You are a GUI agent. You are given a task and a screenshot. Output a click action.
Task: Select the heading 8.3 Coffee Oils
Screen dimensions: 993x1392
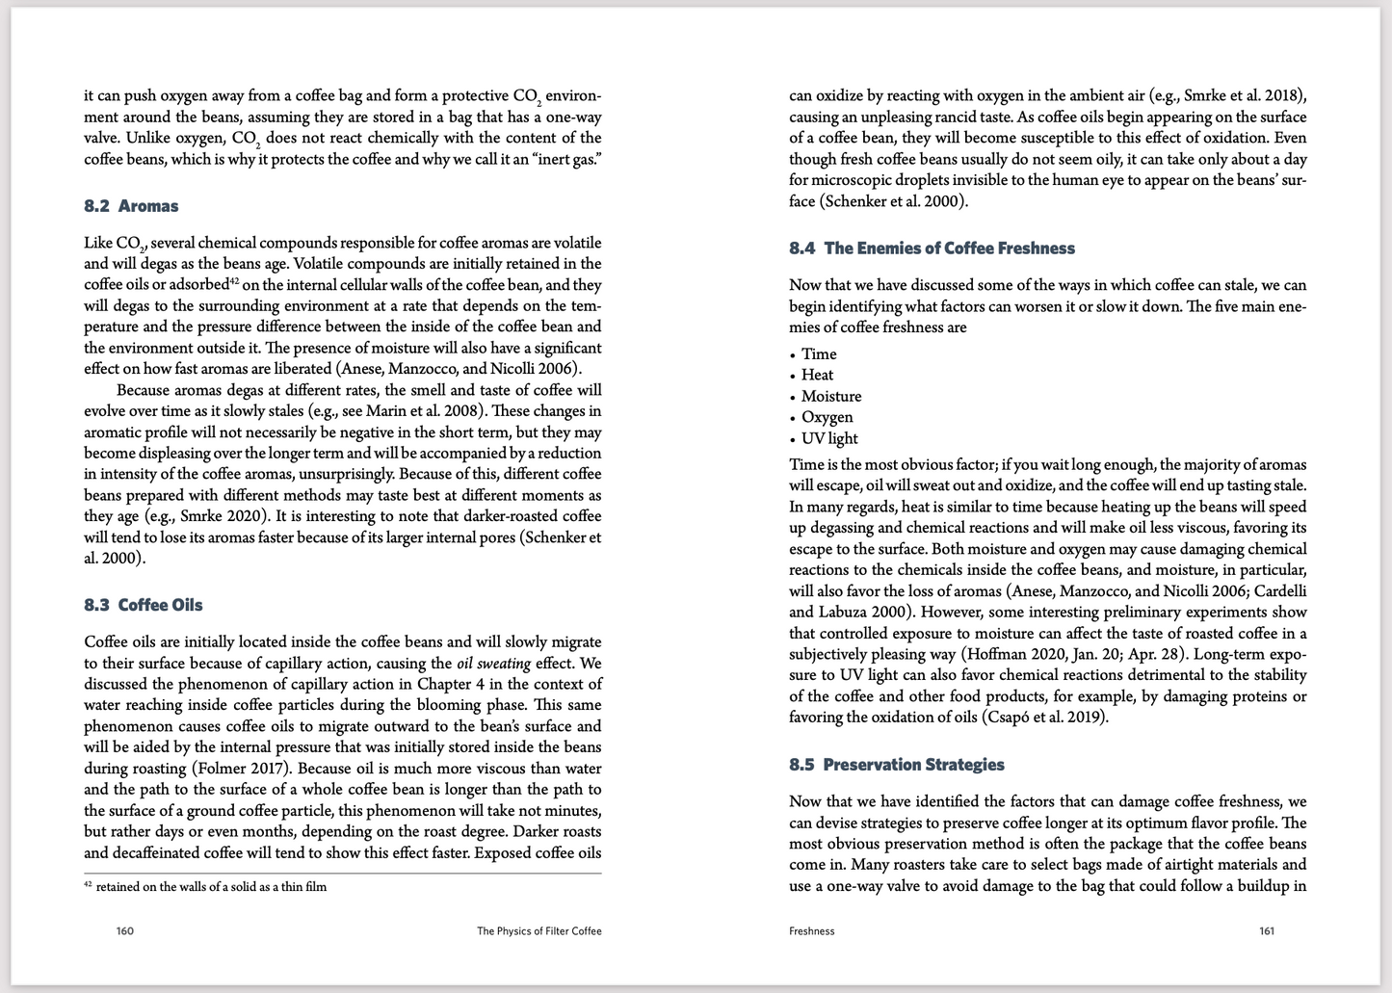144,605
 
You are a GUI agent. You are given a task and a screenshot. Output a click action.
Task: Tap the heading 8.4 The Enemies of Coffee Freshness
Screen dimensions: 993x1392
932,248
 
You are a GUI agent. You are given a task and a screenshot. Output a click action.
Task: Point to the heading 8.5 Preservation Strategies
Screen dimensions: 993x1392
896,765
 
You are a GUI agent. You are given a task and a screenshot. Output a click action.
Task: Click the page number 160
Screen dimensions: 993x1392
125,931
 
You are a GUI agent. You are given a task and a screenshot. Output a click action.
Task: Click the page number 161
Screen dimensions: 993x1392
1267,931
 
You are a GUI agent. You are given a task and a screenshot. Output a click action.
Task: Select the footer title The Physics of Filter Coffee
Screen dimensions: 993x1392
539,931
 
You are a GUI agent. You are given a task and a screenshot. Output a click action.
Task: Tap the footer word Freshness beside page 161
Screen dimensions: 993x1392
812,931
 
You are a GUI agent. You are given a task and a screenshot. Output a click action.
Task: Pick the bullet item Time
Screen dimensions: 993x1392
819,354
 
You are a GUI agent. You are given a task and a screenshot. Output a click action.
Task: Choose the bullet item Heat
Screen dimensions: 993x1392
817,376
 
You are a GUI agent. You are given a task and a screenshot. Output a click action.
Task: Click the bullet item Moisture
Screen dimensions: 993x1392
831,397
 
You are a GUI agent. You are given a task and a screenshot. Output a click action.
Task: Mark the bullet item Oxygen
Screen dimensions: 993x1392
827,418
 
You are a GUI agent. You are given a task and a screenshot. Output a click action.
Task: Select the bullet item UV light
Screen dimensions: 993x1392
829,439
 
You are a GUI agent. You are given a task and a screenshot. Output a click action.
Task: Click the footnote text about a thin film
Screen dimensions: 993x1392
211,887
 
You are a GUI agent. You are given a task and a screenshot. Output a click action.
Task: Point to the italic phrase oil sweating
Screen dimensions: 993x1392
492,663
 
